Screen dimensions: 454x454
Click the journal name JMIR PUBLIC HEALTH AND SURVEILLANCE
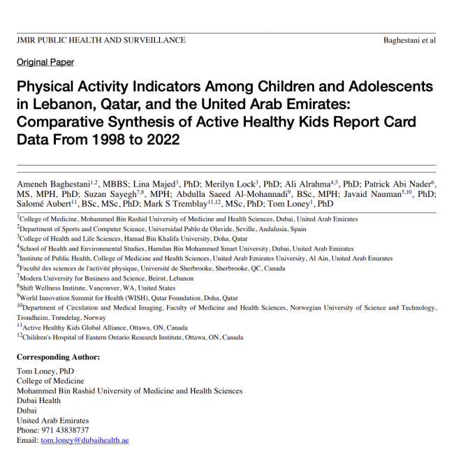point(101,40)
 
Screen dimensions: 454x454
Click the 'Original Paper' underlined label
point(45,62)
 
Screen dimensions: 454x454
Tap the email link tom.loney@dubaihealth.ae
point(85,441)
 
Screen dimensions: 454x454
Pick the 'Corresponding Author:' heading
point(58,357)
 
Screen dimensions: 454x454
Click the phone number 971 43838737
point(65,431)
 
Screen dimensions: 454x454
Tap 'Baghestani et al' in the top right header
point(409,40)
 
